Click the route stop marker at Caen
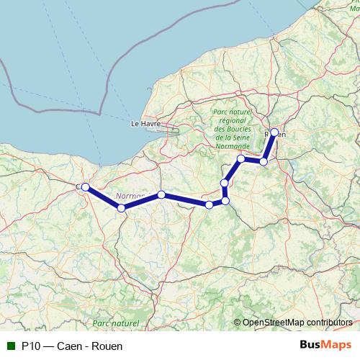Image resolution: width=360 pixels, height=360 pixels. [85, 187]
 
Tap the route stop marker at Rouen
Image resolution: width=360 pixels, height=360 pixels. [274, 132]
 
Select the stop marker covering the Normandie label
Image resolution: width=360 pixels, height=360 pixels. [161, 194]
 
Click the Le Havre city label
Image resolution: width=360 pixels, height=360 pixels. [144, 124]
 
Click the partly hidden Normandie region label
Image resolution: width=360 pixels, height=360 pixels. [130, 195]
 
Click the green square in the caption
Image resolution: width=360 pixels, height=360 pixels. [11, 346]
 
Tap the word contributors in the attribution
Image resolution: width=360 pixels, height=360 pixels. [330, 323]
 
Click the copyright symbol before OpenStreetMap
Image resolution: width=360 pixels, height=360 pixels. [238, 323]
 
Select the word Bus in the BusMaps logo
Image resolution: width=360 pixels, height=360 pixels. [310, 346]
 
